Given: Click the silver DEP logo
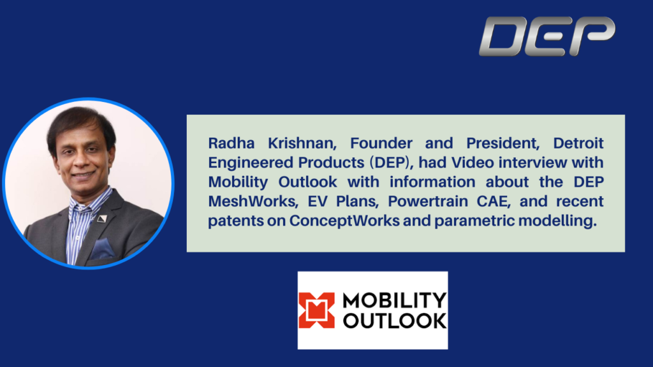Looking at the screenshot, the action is point(547,36).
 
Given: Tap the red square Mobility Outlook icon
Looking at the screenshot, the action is point(316,310).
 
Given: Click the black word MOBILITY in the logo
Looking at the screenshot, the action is point(394,301).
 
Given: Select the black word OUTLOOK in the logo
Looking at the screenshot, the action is point(394,320).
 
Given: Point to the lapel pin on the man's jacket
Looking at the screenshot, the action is point(102,219).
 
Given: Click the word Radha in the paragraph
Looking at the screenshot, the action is point(231,143).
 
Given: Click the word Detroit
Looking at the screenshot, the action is point(578,143).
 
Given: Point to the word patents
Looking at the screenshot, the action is point(236,221).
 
